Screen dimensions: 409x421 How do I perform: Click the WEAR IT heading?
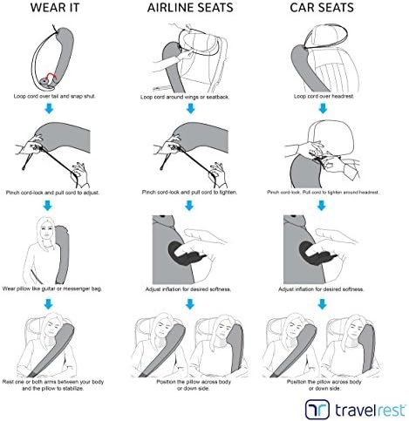tap(55, 8)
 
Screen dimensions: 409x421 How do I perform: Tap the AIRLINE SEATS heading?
tap(190, 8)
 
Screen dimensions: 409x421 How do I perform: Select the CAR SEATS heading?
tap(322, 8)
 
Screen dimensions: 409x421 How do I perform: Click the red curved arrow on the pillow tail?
tap(51, 76)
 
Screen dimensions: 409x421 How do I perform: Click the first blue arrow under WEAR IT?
tap(49, 109)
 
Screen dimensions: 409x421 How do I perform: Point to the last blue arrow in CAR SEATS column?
tap(322, 304)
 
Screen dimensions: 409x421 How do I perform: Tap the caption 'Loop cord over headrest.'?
tap(324, 96)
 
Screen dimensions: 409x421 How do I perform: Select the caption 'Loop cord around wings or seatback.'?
tap(185, 97)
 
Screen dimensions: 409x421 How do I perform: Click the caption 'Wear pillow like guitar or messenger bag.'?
tap(52, 289)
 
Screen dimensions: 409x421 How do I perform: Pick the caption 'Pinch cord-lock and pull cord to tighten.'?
tap(189, 193)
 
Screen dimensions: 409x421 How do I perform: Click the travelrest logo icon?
tap(317, 410)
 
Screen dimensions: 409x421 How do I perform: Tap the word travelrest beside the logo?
tap(370, 411)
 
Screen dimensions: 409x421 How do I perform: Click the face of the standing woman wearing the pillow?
tap(46, 232)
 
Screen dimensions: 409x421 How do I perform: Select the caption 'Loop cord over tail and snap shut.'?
tap(54, 96)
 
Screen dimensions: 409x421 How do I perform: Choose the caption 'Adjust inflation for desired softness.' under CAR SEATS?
tap(321, 289)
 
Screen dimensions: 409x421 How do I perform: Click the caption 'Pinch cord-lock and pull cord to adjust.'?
tap(52, 193)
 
